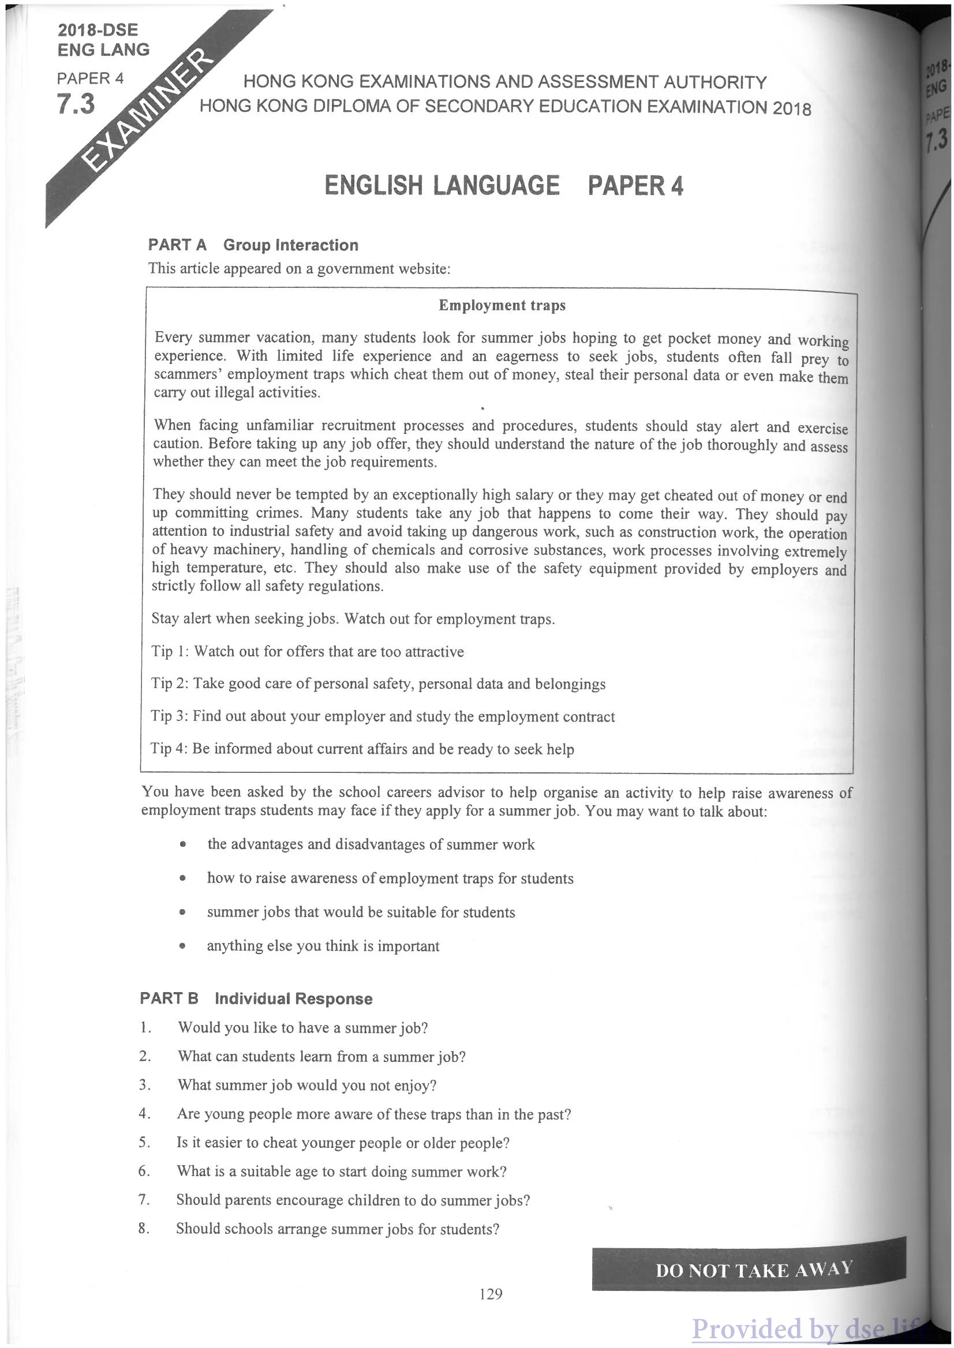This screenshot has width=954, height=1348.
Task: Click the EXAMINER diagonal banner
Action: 147,111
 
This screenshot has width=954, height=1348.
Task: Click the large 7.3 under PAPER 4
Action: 76,104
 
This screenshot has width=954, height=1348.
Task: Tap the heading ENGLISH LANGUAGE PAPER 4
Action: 503,186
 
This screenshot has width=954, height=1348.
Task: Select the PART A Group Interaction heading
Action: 253,245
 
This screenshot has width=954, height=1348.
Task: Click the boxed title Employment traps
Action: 502,305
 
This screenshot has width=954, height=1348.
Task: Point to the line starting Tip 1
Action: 307,651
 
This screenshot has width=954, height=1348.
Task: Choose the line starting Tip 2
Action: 379,684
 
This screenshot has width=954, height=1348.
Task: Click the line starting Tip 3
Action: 383,716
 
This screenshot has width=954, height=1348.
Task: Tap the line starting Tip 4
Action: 362,749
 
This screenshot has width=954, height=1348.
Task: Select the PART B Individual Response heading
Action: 256,998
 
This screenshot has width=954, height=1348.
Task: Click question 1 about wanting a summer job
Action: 302,1027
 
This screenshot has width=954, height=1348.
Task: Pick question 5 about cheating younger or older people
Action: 343,1143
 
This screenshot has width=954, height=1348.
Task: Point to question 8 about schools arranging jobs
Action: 338,1229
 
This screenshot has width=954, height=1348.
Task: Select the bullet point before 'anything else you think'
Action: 184,947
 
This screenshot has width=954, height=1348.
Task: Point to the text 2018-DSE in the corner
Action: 98,30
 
